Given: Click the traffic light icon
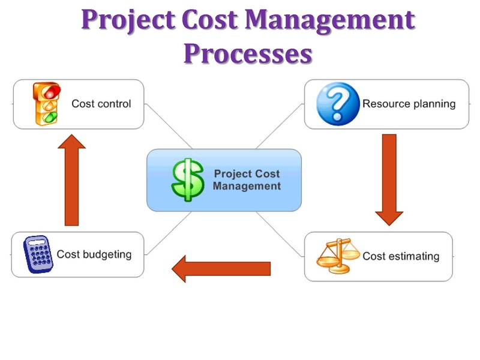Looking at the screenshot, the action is click(x=47, y=103).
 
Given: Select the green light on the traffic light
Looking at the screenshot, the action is click(x=50, y=117).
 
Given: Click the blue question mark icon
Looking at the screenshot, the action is click(x=338, y=104).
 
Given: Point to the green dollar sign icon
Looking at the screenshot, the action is click(x=188, y=179).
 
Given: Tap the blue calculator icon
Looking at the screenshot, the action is click(x=38, y=254).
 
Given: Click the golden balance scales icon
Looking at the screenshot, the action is click(x=338, y=256).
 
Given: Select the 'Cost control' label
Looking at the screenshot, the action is click(x=101, y=104).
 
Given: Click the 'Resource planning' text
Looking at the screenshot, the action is click(x=409, y=104).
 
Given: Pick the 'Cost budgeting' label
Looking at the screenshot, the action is click(x=94, y=254).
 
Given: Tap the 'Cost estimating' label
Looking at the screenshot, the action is click(x=401, y=256).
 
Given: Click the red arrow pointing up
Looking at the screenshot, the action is click(x=71, y=180).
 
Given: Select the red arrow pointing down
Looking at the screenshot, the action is click(x=389, y=180).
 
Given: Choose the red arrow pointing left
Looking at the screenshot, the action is click(x=221, y=269).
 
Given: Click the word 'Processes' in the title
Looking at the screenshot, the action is click(x=248, y=53).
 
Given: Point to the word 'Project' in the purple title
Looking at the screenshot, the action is click(x=128, y=20).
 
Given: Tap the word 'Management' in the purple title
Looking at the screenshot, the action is click(x=330, y=20).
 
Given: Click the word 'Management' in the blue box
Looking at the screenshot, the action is click(x=247, y=186).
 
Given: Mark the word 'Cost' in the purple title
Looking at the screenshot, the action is click(x=209, y=19).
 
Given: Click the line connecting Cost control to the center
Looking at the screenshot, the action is click(x=169, y=126).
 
